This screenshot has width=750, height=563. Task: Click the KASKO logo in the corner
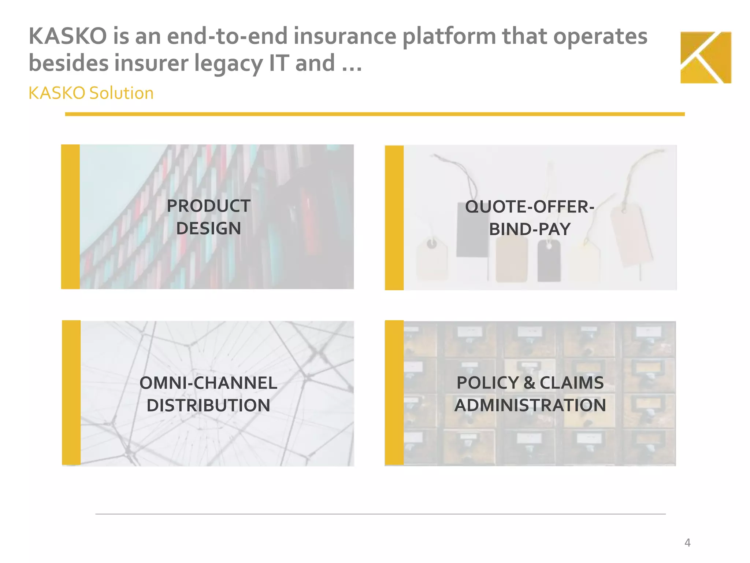tap(706, 58)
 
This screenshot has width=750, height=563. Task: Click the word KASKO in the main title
tap(68, 36)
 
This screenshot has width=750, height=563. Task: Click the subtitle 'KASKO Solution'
tap(91, 93)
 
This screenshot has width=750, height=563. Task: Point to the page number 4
tap(687, 542)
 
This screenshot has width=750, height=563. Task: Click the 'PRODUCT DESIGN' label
tap(208, 217)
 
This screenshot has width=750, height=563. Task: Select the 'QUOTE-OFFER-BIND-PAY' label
tap(530, 218)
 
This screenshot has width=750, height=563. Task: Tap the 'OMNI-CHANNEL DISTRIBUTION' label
tap(208, 394)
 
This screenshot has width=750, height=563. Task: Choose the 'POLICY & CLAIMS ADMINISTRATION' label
tap(530, 394)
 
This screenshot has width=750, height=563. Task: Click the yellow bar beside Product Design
tap(70, 217)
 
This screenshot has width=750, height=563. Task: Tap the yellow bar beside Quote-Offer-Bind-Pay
tap(394, 218)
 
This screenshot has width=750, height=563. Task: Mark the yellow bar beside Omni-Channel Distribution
tap(71, 393)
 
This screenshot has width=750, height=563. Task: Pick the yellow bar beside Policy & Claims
tap(394, 393)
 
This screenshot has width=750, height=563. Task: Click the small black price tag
tap(549, 261)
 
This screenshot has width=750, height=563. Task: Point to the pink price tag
tap(630, 235)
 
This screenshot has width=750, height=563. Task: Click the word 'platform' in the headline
tap(449, 37)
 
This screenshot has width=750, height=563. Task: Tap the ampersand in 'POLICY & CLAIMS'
tap(529, 383)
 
